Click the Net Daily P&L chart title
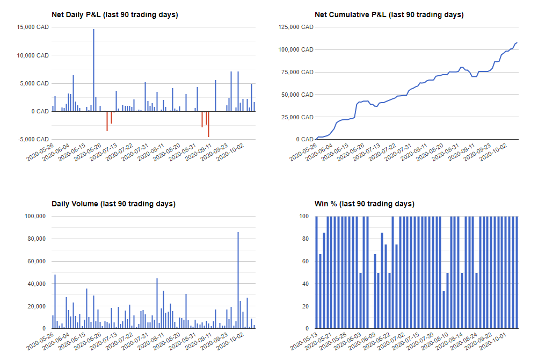coord(114,15)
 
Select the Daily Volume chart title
coord(113,204)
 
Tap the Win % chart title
coord(364,204)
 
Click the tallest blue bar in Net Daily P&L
coord(93,70)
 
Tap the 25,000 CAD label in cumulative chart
coord(297,117)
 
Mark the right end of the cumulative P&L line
coord(517,42)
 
